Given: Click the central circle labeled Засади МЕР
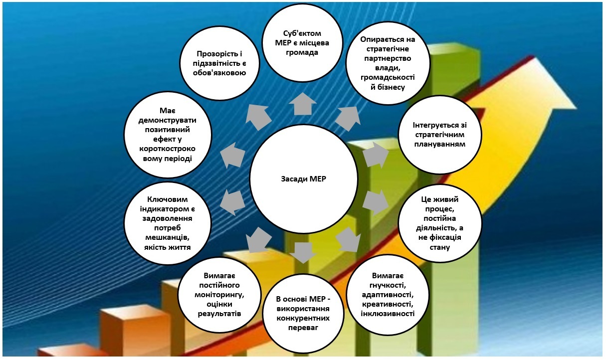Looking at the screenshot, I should point(303,179).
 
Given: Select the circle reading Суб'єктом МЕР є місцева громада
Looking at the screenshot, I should point(303,42).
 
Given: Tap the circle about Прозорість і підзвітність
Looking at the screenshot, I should point(220,63).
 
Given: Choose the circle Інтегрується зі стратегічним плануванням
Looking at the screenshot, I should point(439,135).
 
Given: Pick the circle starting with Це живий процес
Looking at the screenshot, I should point(439,223).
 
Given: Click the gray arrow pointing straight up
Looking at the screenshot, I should point(303,105).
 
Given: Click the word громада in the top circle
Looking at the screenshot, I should point(303,52).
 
